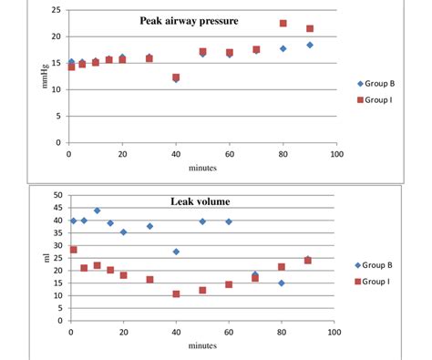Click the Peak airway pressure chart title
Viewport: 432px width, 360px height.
(189, 20)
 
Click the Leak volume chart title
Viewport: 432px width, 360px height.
(201, 201)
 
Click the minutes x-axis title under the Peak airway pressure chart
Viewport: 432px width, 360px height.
(202, 168)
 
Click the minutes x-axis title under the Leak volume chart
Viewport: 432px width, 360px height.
(202, 345)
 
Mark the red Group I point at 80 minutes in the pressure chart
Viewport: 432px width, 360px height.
(283, 24)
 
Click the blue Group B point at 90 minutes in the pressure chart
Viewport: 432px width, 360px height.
(310, 45)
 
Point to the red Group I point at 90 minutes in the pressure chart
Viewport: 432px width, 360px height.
(310, 28)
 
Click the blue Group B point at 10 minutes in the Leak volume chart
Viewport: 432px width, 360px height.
(97, 211)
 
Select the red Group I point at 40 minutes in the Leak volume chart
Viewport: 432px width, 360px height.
(176, 294)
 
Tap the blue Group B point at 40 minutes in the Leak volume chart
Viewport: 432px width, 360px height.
(176, 252)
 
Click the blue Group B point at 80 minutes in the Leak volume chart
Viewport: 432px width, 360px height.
(282, 283)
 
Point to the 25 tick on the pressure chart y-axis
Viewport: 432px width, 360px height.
(57, 10)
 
